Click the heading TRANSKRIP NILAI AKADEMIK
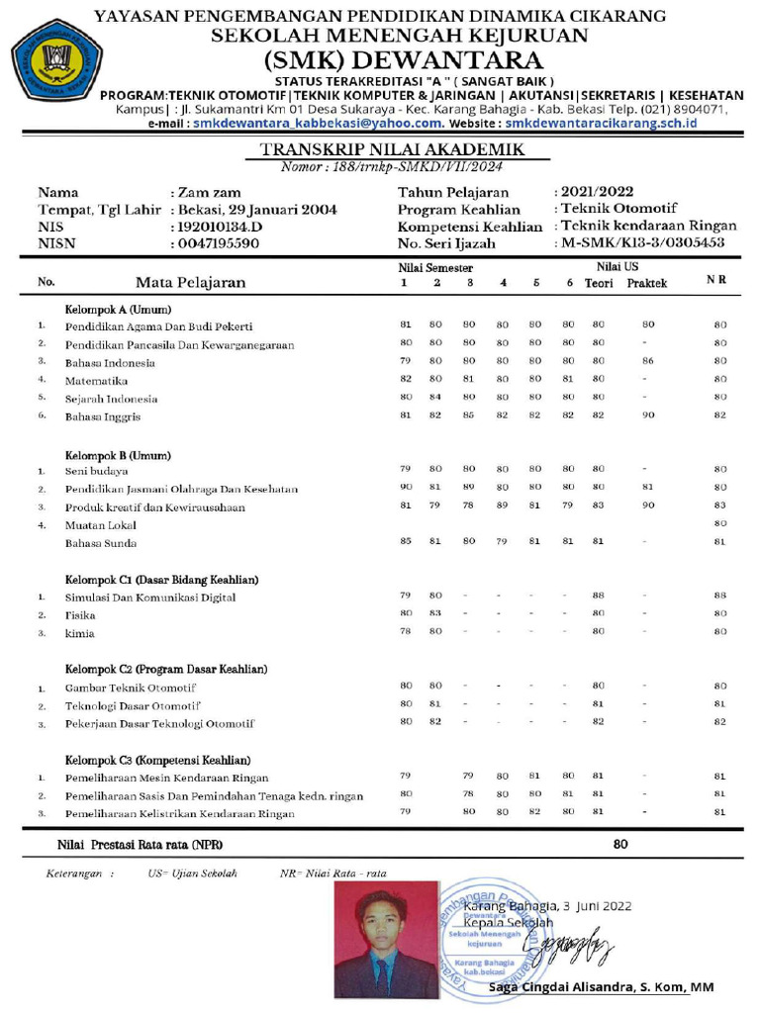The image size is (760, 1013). (391, 149)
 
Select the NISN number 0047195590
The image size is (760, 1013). (219, 243)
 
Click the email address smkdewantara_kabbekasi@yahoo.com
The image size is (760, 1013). (319, 124)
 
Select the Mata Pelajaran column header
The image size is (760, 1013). (190, 282)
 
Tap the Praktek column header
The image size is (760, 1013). (646, 283)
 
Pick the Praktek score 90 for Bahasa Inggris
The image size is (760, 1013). (648, 416)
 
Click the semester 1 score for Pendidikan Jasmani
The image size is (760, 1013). (405, 487)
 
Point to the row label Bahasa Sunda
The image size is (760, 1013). (101, 543)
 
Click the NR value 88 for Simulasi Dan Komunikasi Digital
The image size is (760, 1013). (720, 596)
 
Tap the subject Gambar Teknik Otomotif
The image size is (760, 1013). (131, 688)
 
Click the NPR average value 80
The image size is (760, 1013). (620, 845)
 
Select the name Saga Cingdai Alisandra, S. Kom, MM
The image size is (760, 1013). (602, 987)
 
